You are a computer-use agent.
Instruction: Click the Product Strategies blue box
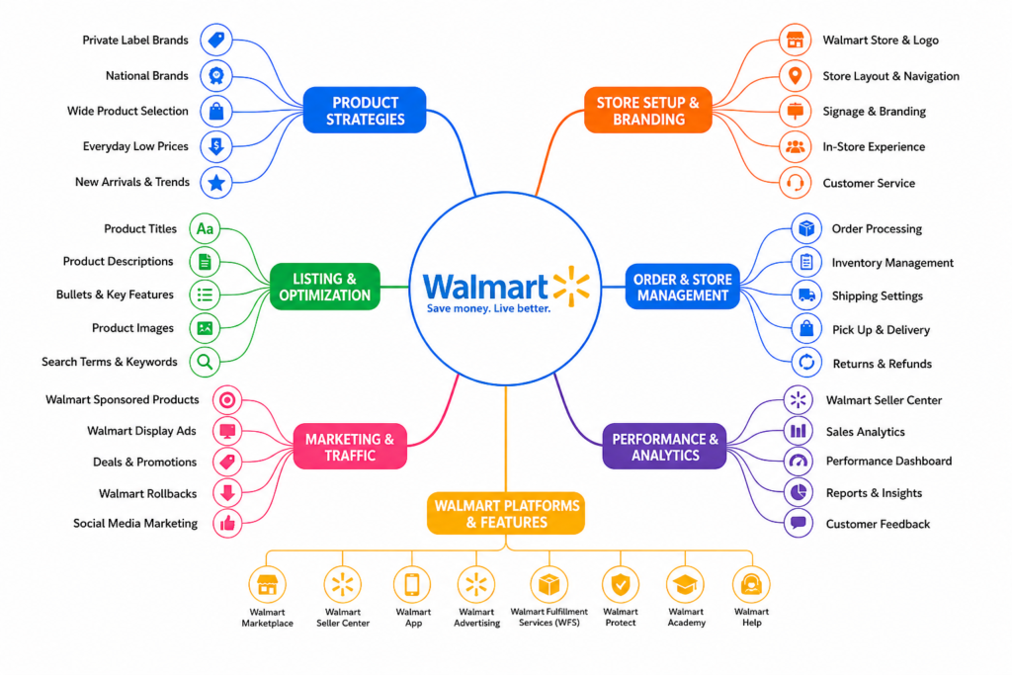[365, 111]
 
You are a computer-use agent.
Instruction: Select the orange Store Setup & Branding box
[648, 111]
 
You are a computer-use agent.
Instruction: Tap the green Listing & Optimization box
[324, 287]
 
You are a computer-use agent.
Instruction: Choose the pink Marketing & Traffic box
[350, 447]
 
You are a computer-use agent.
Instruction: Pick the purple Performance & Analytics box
[665, 447]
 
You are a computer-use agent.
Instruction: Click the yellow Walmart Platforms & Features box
[506, 514]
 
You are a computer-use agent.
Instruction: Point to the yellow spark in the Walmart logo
[571, 286]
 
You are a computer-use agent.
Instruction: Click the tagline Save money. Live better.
[488, 309]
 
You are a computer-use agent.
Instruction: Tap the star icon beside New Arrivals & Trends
[216, 183]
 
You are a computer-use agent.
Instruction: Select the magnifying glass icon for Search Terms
[205, 362]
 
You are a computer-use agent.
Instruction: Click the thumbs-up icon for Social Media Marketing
[227, 524]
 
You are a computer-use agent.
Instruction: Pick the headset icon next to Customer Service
[796, 183]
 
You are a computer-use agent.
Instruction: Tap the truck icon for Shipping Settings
[806, 295]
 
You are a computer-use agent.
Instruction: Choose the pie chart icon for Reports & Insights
[799, 492]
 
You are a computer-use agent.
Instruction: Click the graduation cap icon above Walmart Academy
[686, 585]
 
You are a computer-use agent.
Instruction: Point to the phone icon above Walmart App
[412, 585]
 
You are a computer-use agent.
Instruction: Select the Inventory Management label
[892, 263]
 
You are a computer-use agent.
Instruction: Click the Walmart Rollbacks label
[148, 494]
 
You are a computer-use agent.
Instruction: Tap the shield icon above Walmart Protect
[621, 585]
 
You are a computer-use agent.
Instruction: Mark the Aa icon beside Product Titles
[205, 228]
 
